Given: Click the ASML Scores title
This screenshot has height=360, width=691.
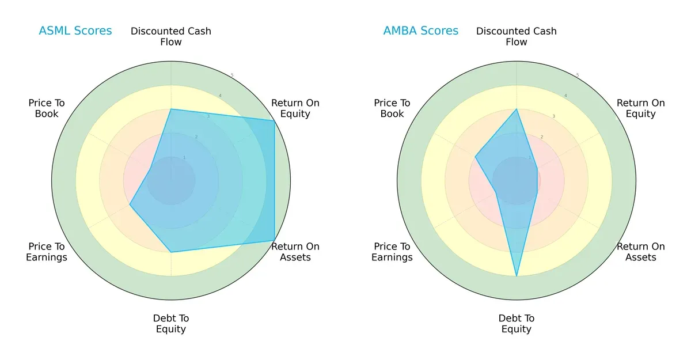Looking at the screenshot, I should tap(75, 31).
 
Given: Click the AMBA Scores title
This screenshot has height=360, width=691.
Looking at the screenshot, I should tap(420, 31).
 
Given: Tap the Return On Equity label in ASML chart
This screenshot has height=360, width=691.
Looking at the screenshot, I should tap(295, 108).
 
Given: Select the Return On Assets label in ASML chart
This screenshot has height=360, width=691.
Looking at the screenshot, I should tap(295, 252).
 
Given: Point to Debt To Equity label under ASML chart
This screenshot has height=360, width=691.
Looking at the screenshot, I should tap(171, 324).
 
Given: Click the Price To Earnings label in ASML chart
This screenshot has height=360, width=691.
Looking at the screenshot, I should tap(47, 252).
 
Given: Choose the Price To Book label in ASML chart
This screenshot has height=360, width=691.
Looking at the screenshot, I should tap(47, 108).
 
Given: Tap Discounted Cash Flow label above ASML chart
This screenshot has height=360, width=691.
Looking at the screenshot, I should tap(171, 36).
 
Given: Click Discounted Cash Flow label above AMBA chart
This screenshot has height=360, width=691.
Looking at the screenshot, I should tap(517, 36).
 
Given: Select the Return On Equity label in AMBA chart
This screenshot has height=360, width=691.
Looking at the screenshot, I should tap(640, 108).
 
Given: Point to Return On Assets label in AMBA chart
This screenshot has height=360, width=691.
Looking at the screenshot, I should tap(640, 252).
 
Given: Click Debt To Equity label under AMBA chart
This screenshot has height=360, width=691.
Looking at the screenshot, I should tap(517, 324).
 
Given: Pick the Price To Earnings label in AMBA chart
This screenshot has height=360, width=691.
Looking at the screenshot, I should tap(392, 252).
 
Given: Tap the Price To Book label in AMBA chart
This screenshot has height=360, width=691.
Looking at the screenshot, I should tap(392, 108).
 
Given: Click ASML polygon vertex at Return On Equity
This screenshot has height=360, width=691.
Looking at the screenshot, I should tap(274, 120).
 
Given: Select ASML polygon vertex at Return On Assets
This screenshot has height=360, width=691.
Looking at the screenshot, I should tap(274, 240).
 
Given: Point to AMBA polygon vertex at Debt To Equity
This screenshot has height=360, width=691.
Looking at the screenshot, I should tap(517, 276).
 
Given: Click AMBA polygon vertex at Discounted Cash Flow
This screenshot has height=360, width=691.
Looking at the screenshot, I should tap(517, 109).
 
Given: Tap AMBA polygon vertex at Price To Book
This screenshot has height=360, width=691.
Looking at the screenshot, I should tap(475, 157).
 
